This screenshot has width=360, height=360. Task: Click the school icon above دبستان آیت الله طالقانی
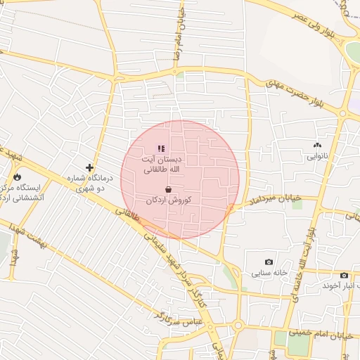(x=161, y=148)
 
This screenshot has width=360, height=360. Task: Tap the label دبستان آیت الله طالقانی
(x=162, y=165)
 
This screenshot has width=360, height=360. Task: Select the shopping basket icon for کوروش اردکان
(x=168, y=189)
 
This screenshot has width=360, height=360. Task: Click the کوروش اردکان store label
(x=169, y=200)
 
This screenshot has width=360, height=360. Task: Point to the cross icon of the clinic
(x=89, y=167)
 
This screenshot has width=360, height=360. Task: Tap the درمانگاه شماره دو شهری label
(x=87, y=184)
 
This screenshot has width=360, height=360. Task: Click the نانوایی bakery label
(x=316, y=157)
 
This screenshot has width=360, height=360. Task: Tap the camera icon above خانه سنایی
(x=269, y=262)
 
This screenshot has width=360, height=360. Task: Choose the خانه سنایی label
(x=269, y=272)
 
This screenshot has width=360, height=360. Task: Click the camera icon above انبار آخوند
(x=344, y=275)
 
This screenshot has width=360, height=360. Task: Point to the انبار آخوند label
(x=341, y=285)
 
